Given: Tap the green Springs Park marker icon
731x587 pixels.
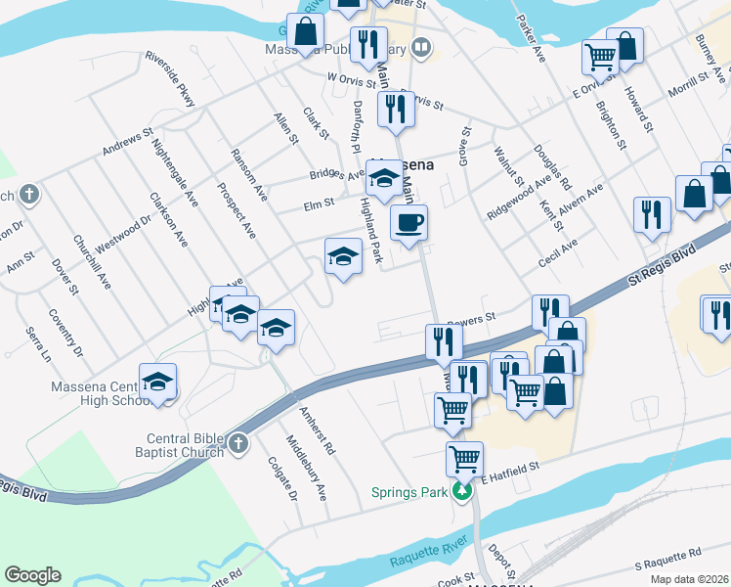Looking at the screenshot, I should point(466,491).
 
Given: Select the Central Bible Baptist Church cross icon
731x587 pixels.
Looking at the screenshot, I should point(238,445).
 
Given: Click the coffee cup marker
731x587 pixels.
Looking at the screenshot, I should point(408,222).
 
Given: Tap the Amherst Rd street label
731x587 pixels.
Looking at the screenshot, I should point(318,431).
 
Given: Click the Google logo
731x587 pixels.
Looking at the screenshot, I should point(32,575).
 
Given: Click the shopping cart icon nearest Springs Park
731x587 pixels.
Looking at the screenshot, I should point(464,458).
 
